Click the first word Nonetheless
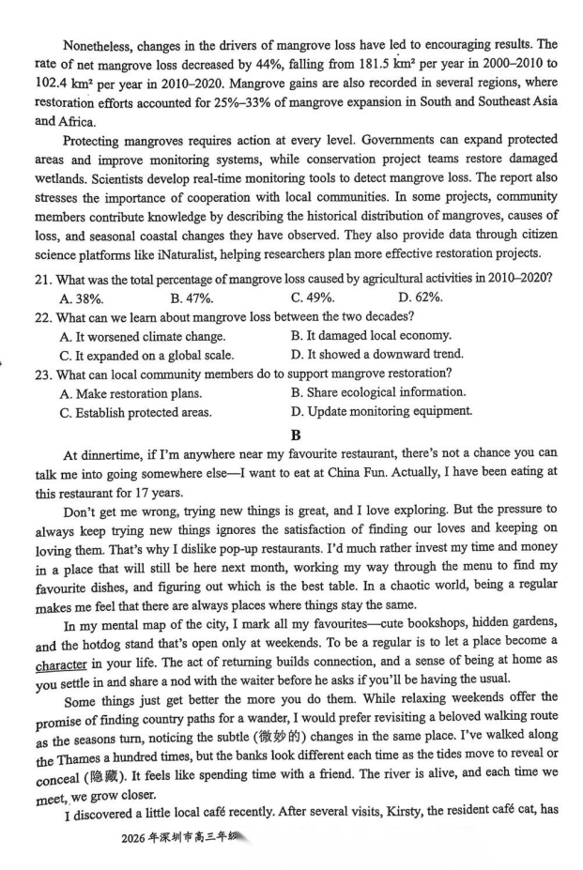(99, 43)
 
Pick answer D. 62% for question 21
(421, 298)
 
